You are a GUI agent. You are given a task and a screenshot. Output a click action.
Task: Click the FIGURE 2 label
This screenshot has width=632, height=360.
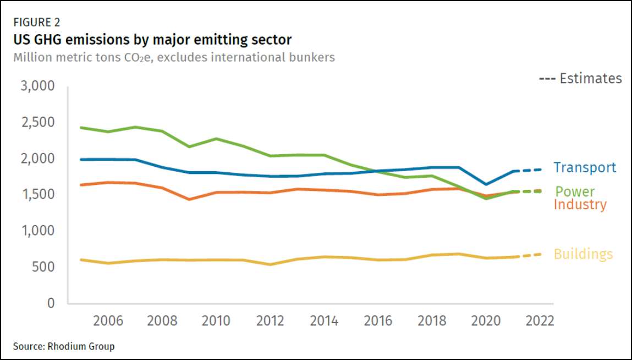pos(37,23)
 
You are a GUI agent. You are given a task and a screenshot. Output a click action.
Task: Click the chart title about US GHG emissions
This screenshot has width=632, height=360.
pos(152,40)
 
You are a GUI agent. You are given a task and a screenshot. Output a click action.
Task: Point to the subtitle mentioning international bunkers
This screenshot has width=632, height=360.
pos(174,57)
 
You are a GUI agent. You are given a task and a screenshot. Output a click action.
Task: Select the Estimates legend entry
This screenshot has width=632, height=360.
pos(580,79)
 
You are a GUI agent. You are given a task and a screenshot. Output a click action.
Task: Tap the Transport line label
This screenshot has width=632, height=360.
pos(585,167)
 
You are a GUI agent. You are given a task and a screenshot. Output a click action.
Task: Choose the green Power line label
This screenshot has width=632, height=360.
pos(575,192)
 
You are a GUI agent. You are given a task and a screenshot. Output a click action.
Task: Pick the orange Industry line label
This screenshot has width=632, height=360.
pos(580,205)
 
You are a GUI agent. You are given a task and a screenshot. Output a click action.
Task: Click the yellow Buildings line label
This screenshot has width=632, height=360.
pos(583,254)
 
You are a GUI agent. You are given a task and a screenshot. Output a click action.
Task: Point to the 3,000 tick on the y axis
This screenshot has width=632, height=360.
pos(37,86)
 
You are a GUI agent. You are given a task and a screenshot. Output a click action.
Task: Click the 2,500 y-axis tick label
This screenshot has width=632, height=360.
pos(37,122)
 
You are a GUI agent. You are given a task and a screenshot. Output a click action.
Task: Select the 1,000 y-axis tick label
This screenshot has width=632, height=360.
pos(37,231)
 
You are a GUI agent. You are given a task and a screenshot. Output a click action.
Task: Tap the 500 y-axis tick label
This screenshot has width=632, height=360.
pos(43,267)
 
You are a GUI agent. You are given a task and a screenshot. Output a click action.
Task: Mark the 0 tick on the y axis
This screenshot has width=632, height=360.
pos(51,303)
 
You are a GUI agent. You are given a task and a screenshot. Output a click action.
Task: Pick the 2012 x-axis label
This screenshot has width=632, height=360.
pos(270,321)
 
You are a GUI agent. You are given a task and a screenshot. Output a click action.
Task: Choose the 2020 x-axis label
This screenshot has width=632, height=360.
pos(486,321)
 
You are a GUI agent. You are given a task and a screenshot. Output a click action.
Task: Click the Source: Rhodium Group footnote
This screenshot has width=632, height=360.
pos(64,346)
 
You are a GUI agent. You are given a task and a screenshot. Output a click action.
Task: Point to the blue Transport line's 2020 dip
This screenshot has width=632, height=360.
pos(486,184)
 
